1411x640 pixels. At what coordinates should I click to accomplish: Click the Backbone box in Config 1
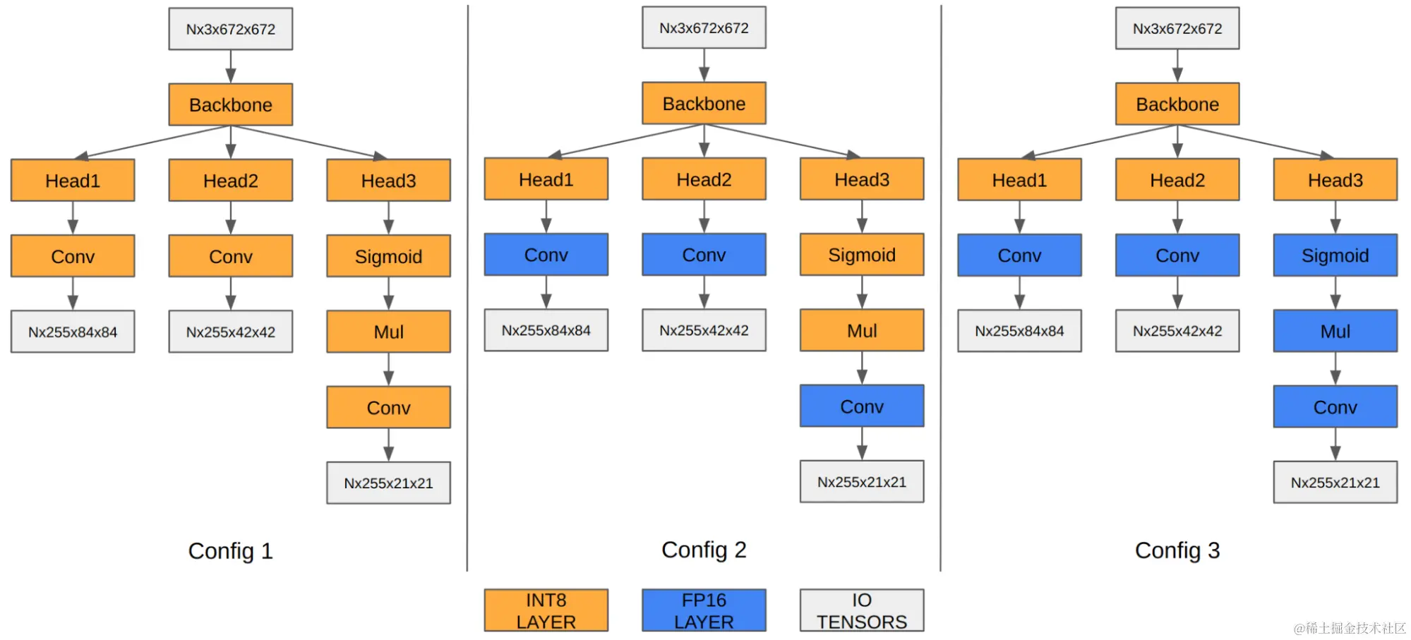(230, 105)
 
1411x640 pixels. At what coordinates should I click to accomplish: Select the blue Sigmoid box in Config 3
(1335, 255)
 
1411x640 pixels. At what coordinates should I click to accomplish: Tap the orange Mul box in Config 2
(861, 330)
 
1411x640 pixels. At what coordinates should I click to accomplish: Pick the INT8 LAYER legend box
(546, 610)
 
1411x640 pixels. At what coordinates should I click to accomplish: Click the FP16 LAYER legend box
(704, 610)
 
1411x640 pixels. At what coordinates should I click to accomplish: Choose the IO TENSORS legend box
(861, 610)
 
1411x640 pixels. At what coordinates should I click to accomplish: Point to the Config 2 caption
(704, 550)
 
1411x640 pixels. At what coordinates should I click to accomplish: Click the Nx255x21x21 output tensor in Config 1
(388, 483)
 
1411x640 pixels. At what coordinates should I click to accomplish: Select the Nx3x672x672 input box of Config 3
(1177, 29)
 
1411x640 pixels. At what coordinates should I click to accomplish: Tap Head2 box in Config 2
(704, 179)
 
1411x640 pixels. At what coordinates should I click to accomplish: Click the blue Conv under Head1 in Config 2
(546, 255)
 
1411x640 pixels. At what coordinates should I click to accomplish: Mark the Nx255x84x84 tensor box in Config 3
(1019, 331)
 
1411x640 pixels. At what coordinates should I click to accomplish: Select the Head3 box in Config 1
(388, 181)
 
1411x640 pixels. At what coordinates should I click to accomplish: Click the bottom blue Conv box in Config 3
(1335, 407)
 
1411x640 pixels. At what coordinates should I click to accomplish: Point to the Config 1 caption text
(230, 551)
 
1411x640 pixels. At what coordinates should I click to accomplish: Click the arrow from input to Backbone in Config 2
(704, 65)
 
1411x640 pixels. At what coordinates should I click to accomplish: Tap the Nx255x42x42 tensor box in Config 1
(230, 332)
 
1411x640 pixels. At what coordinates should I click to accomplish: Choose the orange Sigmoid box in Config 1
(388, 256)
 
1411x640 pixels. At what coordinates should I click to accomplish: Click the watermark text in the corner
(1349, 628)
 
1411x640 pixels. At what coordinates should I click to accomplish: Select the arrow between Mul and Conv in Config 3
(1335, 368)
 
